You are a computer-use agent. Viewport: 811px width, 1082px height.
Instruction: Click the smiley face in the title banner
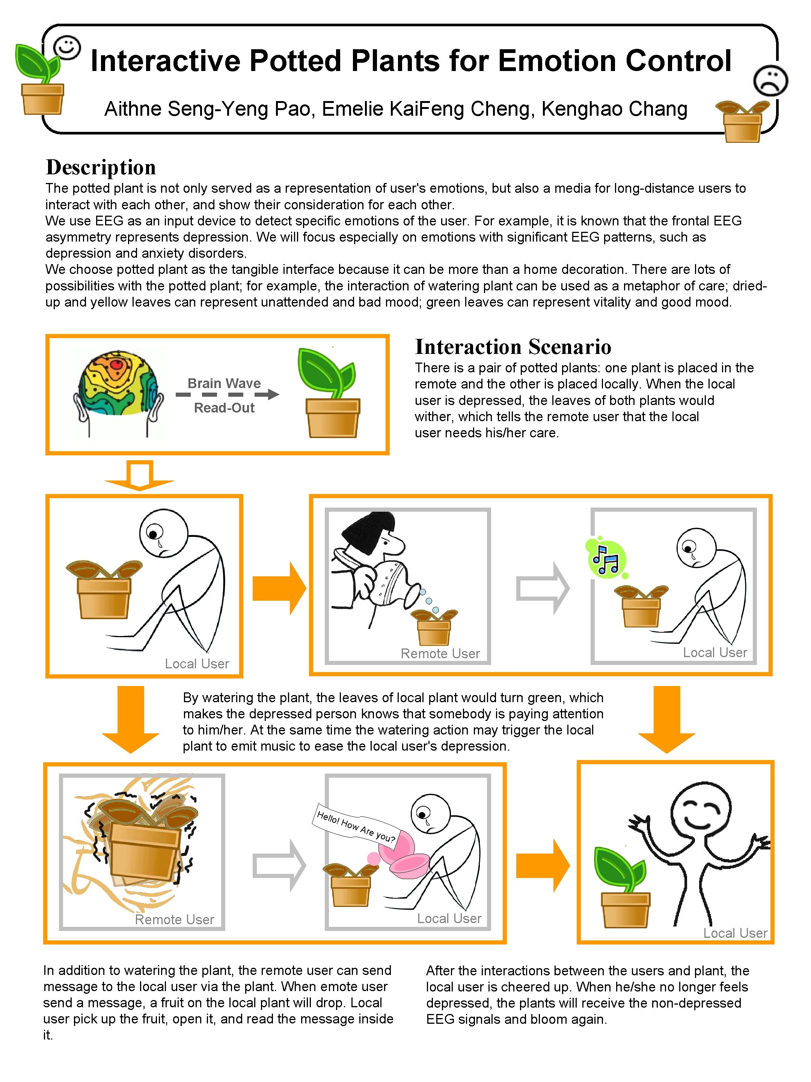pos(66,47)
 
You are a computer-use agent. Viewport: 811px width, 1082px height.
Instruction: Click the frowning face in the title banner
pos(770,80)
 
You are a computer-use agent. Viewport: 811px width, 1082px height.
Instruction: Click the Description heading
pos(101,167)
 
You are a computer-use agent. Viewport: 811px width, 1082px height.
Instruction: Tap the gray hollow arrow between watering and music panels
pos(542,588)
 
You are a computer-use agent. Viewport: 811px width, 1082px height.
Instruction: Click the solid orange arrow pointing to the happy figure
pos(542,865)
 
